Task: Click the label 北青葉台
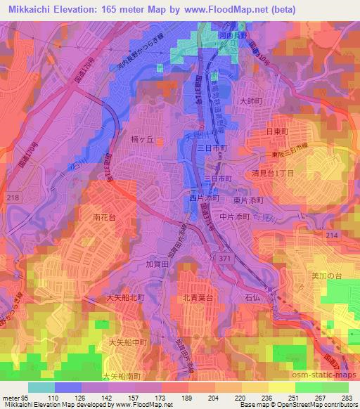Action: click(195, 297)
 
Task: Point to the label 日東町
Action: click(278, 131)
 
